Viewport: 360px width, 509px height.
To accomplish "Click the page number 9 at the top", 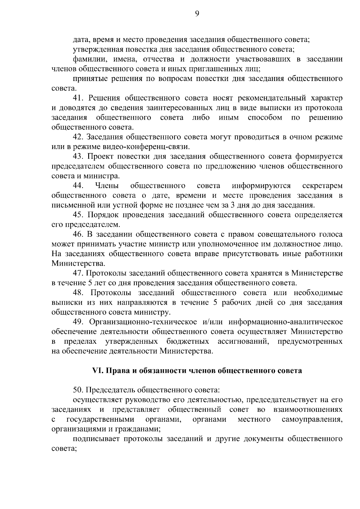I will [x=197, y=13].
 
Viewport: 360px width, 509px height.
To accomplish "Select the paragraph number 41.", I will [x=79, y=98].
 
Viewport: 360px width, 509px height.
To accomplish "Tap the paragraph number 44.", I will [x=78, y=186].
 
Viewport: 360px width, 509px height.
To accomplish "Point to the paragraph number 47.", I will [x=78, y=273].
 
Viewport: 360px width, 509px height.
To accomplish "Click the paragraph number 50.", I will [x=78, y=390].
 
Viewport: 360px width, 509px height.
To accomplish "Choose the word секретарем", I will [x=322, y=186].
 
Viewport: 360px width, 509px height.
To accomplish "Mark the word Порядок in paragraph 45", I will [x=102, y=215].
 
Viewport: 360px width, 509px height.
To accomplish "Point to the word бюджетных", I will [x=188, y=342].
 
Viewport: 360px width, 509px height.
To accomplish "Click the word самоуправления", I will [x=312, y=419].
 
